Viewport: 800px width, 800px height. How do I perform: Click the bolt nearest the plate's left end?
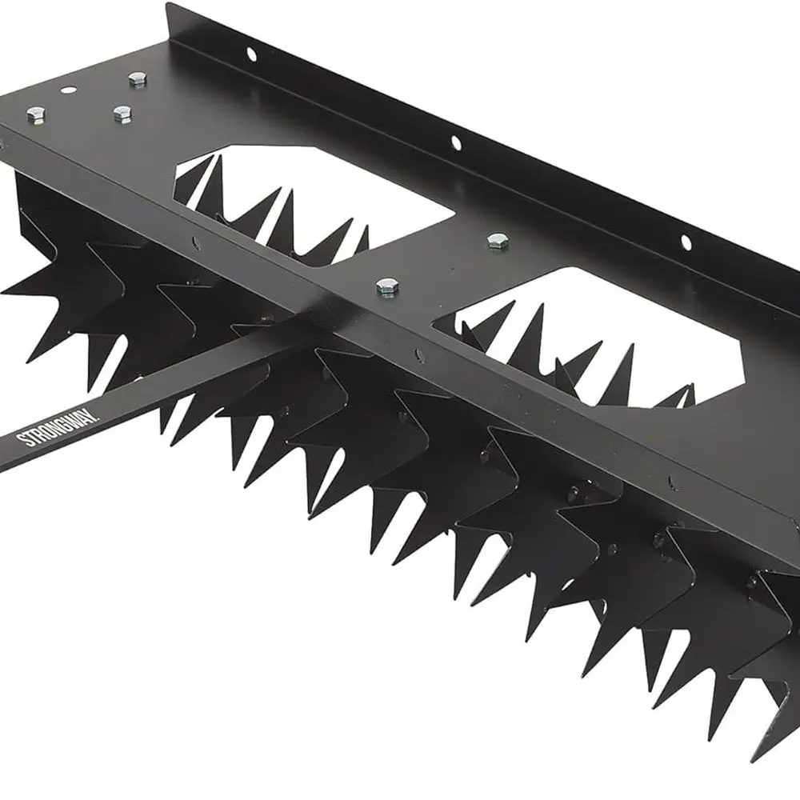pyautogui.click(x=35, y=115)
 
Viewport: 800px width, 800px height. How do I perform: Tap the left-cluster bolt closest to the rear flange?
pyautogui.click(x=137, y=78)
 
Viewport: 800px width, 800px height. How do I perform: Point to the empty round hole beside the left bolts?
pyautogui.click(x=69, y=90)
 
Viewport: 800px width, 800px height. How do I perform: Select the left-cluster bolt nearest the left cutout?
pyautogui.click(x=122, y=114)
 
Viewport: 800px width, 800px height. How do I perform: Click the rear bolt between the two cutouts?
pyautogui.click(x=498, y=240)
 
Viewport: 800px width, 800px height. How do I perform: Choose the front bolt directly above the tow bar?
pyautogui.click(x=388, y=286)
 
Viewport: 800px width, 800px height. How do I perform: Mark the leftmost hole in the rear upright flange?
pyautogui.click(x=250, y=54)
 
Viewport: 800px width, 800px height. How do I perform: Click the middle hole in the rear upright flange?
pyautogui.click(x=455, y=143)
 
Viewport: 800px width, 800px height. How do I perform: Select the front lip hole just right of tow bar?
pyautogui.click(x=419, y=356)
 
